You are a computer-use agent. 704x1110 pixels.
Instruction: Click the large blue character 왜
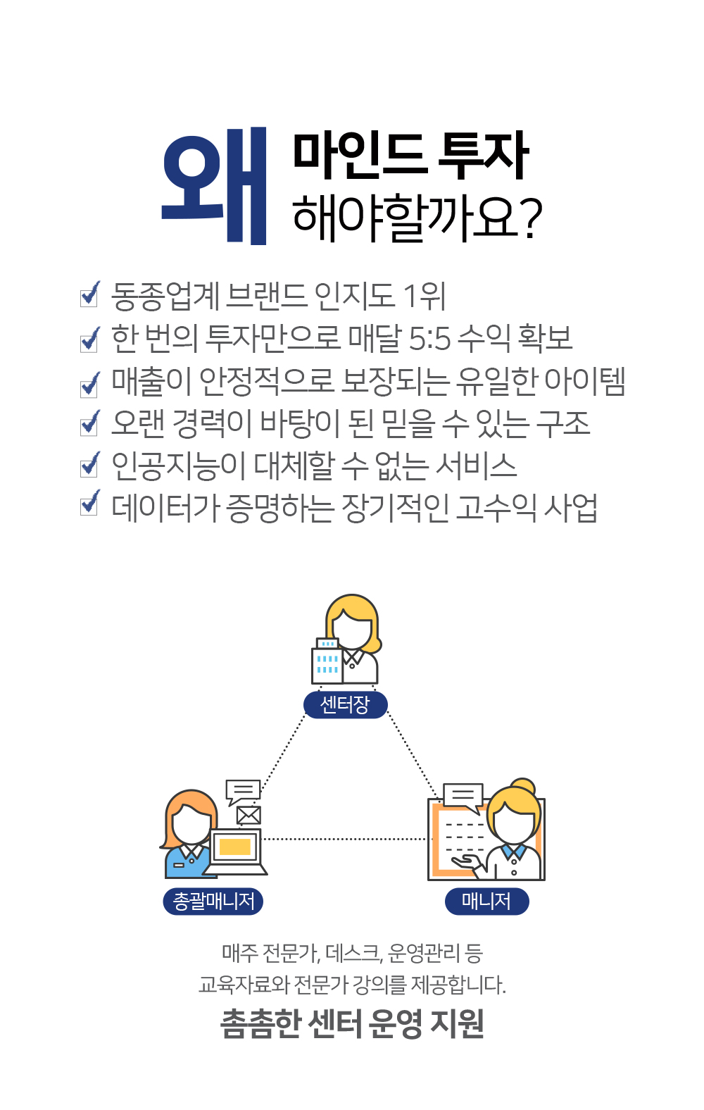click(214, 186)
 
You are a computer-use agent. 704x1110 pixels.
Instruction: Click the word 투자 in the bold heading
click(483, 156)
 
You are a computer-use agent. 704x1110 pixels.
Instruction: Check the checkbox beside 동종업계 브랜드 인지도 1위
click(89, 296)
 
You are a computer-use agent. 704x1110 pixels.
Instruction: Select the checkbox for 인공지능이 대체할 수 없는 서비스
click(89, 466)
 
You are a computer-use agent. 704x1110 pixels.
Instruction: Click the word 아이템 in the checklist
click(584, 382)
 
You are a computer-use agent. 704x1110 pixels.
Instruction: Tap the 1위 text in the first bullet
click(425, 296)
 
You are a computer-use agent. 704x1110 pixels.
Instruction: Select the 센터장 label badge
click(345, 704)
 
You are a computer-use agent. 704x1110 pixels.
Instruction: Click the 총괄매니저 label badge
click(213, 901)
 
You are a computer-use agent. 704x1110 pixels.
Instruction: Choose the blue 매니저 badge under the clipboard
click(487, 901)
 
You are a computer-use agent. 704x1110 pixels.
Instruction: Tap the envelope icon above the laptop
click(249, 815)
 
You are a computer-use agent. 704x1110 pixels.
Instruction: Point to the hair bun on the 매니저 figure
click(523, 787)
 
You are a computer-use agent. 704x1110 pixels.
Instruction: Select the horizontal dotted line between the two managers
click(345, 839)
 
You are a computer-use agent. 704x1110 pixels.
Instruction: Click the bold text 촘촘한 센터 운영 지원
click(352, 1024)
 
